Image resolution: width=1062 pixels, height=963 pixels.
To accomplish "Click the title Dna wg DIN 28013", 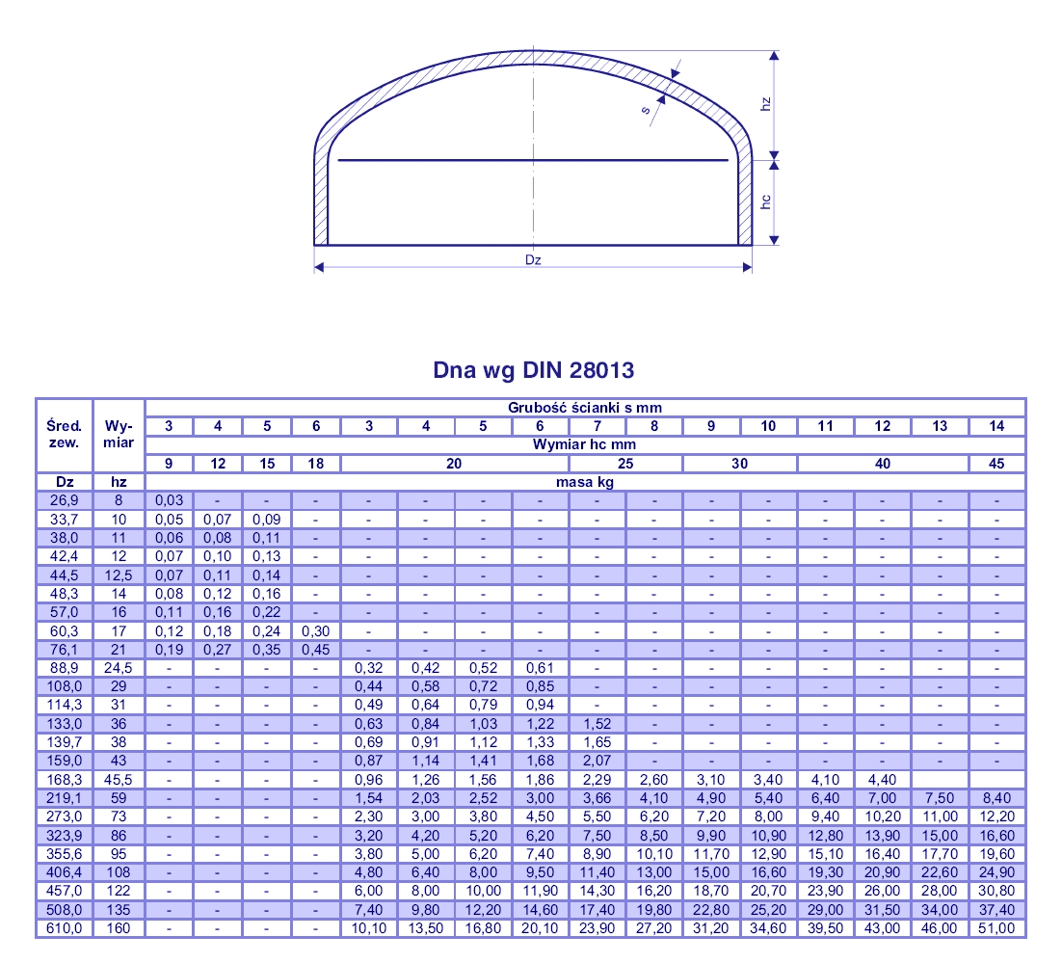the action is tap(533, 370).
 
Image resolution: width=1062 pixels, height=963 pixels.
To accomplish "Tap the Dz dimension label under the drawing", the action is tap(533, 259).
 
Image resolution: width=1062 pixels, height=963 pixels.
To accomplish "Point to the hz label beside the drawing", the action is tap(765, 104).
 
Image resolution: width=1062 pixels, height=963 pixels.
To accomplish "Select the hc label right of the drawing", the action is tap(765, 201).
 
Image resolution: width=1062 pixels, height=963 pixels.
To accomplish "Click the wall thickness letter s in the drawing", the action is tap(646, 109).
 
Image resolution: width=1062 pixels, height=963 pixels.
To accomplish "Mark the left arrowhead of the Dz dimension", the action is tap(319, 267).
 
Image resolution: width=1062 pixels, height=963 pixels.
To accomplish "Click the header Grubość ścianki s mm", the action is tap(585, 408).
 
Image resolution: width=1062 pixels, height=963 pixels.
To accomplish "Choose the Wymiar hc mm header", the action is tap(585, 444).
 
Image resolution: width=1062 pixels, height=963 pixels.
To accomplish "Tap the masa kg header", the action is tap(585, 482).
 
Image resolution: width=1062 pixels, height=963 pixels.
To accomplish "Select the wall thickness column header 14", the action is tap(996, 426).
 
